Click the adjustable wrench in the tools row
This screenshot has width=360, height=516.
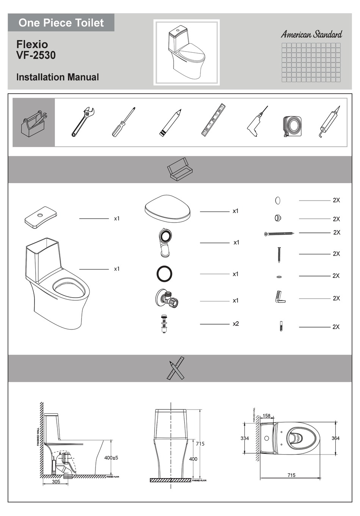tap(83, 121)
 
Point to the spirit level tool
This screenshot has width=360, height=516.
tap(213, 119)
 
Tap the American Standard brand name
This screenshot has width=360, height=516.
tap(311, 35)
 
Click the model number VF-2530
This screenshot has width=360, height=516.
tap(36, 55)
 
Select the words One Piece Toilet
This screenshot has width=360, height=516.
tap(61, 23)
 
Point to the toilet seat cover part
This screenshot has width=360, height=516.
tap(167, 209)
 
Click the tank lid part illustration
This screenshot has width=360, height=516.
tap(41, 218)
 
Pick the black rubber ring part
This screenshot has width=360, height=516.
tap(164, 273)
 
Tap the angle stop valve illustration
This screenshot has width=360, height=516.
tap(166, 297)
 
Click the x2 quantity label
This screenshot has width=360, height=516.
tap(236, 324)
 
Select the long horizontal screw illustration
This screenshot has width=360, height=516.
tap(279, 234)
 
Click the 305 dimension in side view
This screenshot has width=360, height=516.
tap(56, 481)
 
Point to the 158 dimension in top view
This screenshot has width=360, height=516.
tap(267, 416)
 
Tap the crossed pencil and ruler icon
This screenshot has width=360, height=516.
tap(176, 368)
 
